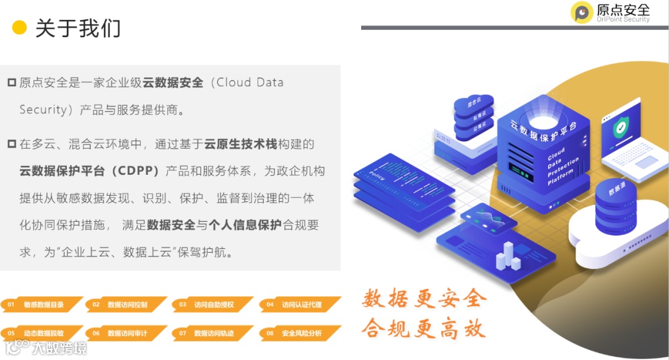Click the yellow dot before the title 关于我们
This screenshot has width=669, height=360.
click(x=20, y=27)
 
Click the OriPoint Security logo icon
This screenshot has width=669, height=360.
click(x=582, y=12)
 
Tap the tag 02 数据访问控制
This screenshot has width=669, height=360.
click(x=127, y=304)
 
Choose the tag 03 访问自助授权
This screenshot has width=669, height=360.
click(x=213, y=304)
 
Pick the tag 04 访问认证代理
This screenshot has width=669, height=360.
click(x=301, y=304)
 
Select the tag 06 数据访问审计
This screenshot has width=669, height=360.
click(x=127, y=333)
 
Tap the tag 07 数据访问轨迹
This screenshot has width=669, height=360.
click(x=213, y=333)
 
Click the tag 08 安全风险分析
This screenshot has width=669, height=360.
click(x=301, y=333)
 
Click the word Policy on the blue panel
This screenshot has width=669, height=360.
click(x=377, y=170)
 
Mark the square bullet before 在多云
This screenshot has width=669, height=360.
click(x=11, y=144)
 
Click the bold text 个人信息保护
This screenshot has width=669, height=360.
click(x=245, y=225)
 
